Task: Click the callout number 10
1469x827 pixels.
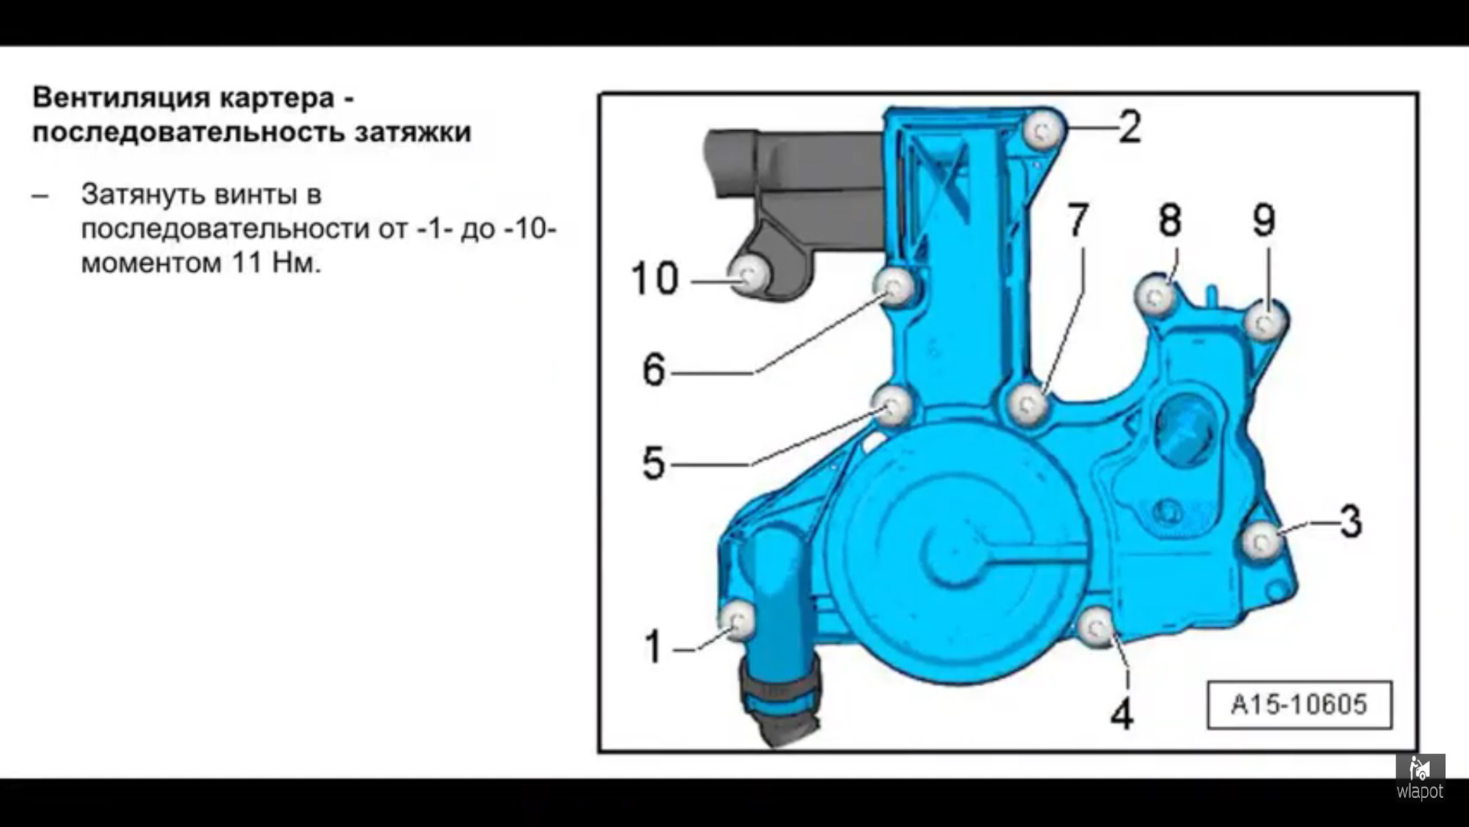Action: click(654, 278)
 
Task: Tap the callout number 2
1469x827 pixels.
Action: click(1129, 127)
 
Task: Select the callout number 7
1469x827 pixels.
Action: click(1078, 220)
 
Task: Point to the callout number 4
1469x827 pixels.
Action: click(1122, 714)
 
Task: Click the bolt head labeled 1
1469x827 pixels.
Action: click(739, 619)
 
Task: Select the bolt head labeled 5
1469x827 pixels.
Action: click(893, 406)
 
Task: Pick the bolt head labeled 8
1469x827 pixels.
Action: click(1155, 295)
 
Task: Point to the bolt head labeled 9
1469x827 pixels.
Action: click(1265, 322)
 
